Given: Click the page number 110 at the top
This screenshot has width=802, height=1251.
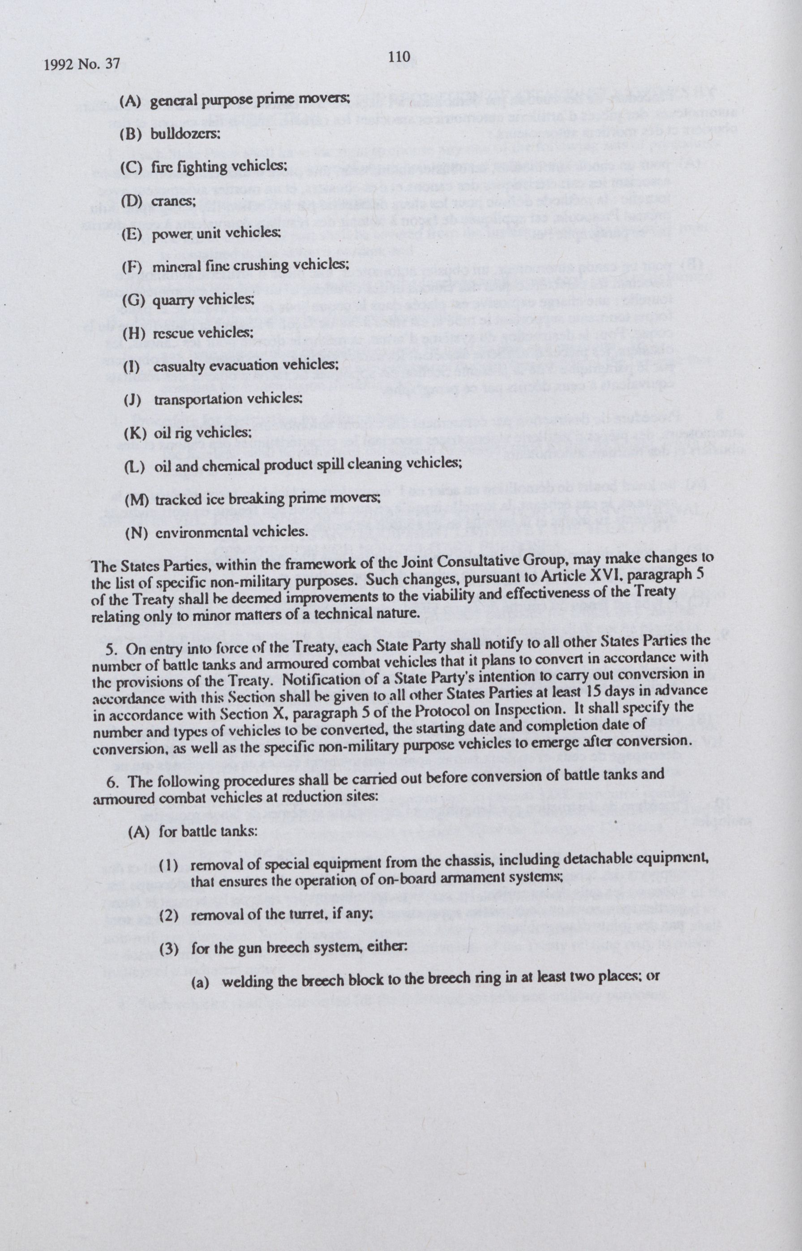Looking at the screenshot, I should pos(399,56).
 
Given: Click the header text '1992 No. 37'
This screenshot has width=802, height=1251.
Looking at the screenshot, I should pos(82,64).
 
